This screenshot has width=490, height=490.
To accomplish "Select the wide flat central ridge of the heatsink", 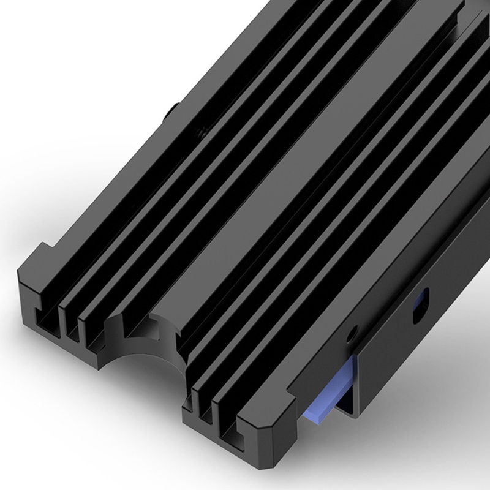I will click(x=257, y=202).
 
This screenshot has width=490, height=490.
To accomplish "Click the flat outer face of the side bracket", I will click(x=417, y=343).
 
